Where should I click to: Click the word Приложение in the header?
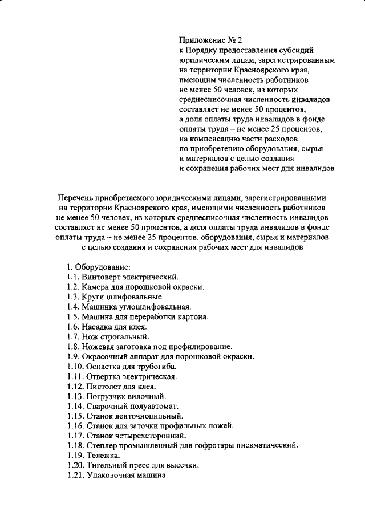[201, 40]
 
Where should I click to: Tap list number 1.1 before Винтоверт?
[72, 277]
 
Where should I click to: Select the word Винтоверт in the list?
[102, 277]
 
